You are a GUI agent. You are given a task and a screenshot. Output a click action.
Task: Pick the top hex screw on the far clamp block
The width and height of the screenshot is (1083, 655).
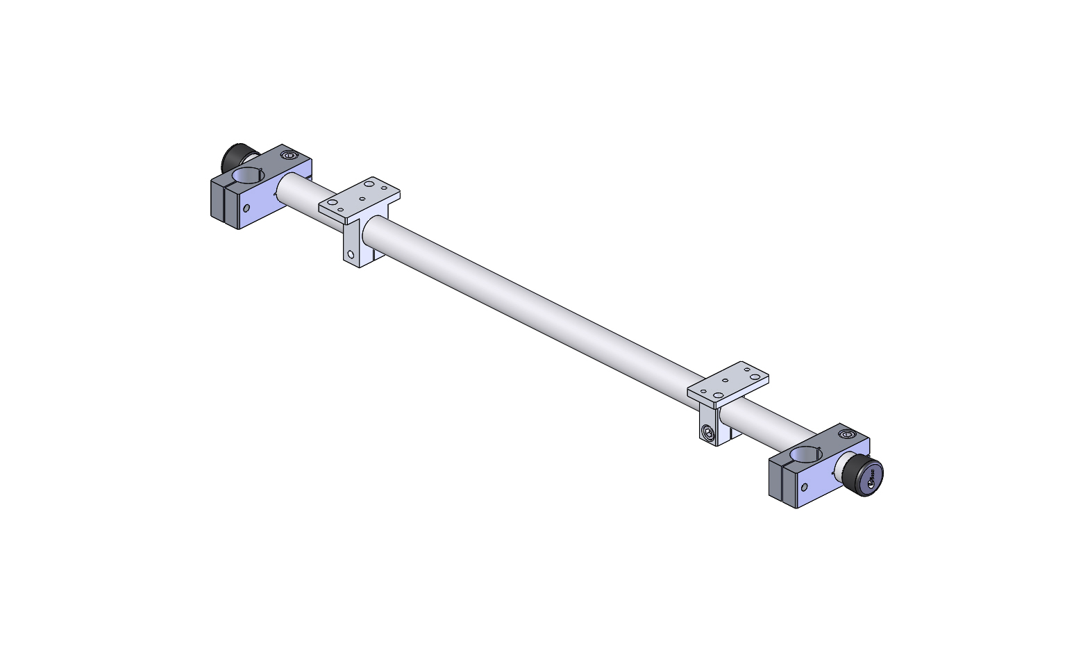[x=289, y=156]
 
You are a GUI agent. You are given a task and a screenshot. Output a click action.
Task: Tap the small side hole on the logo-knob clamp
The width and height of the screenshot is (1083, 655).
[x=805, y=487]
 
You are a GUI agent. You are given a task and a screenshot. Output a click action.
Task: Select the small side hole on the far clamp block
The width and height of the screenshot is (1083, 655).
[x=246, y=208]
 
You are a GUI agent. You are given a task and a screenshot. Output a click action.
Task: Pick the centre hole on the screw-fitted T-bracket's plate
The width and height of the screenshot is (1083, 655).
[x=726, y=381]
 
